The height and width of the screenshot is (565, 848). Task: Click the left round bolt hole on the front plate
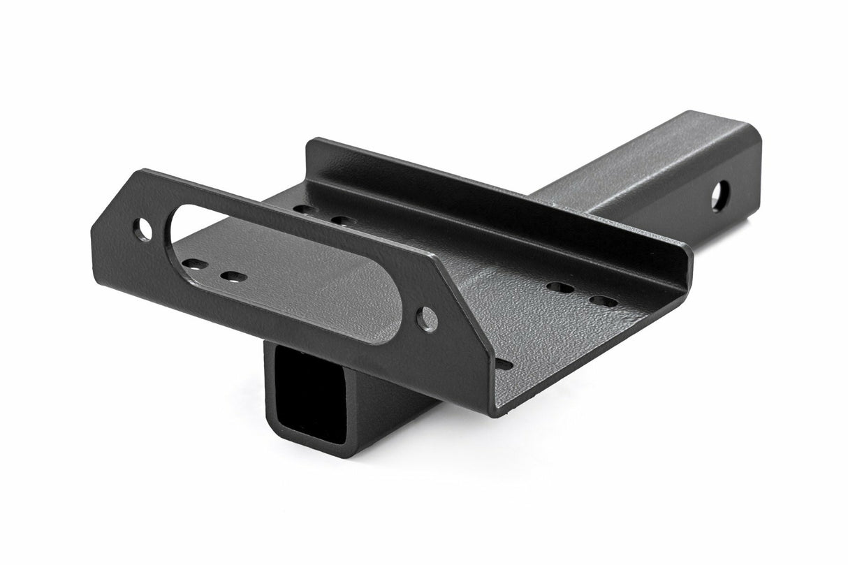point(143,230)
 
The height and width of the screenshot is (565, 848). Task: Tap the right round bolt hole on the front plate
point(427,319)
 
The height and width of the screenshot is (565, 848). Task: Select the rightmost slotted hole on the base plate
point(604,302)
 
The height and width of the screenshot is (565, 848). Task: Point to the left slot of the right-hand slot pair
point(560,287)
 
